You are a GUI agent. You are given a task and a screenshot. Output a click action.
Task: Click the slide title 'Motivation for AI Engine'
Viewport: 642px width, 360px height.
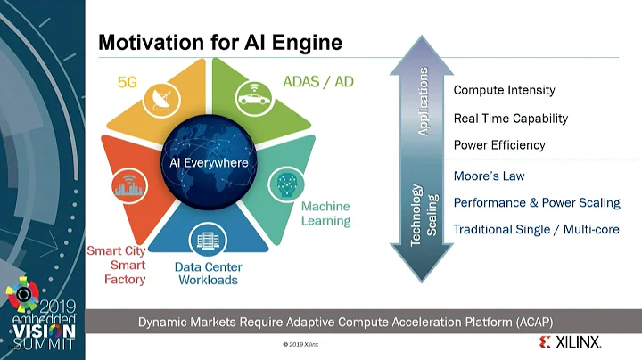tap(219, 42)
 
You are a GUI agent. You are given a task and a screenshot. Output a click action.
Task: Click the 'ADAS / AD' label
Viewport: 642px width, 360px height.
tap(319, 81)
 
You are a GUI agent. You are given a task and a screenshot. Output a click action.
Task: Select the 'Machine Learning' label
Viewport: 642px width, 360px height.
tap(325, 214)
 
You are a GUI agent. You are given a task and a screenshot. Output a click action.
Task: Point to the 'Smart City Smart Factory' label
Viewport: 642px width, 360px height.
tap(116, 265)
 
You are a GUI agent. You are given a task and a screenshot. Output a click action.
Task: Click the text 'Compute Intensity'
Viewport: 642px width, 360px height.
tap(504, 90)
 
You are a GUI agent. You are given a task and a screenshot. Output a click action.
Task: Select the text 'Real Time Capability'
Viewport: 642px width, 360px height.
tap(510, 118)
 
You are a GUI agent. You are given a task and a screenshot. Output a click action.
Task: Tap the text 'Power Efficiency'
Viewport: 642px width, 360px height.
tap(498, 144)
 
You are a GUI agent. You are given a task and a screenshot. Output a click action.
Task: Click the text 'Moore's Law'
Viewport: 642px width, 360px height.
tap(490, 176)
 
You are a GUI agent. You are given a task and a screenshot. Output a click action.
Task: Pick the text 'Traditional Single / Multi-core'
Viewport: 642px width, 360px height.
tap(536, 229)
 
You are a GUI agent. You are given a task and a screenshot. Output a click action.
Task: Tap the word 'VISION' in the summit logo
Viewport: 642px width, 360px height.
tap(41, 327)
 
